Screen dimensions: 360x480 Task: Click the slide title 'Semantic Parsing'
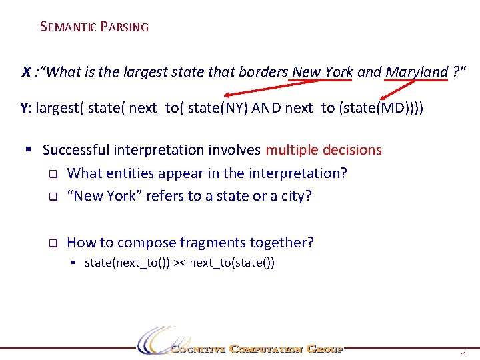coord(94,27)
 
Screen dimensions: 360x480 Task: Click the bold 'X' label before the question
coord(27,72)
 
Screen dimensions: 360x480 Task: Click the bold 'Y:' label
coord(27,107)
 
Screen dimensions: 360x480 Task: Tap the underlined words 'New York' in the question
coord(323,72)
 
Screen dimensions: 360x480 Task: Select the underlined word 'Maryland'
coord(417,72)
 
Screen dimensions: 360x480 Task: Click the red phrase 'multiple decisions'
coord(324,150)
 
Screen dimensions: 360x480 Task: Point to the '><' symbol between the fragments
coord(180,263)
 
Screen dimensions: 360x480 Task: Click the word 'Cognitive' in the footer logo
coord(197,349)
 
